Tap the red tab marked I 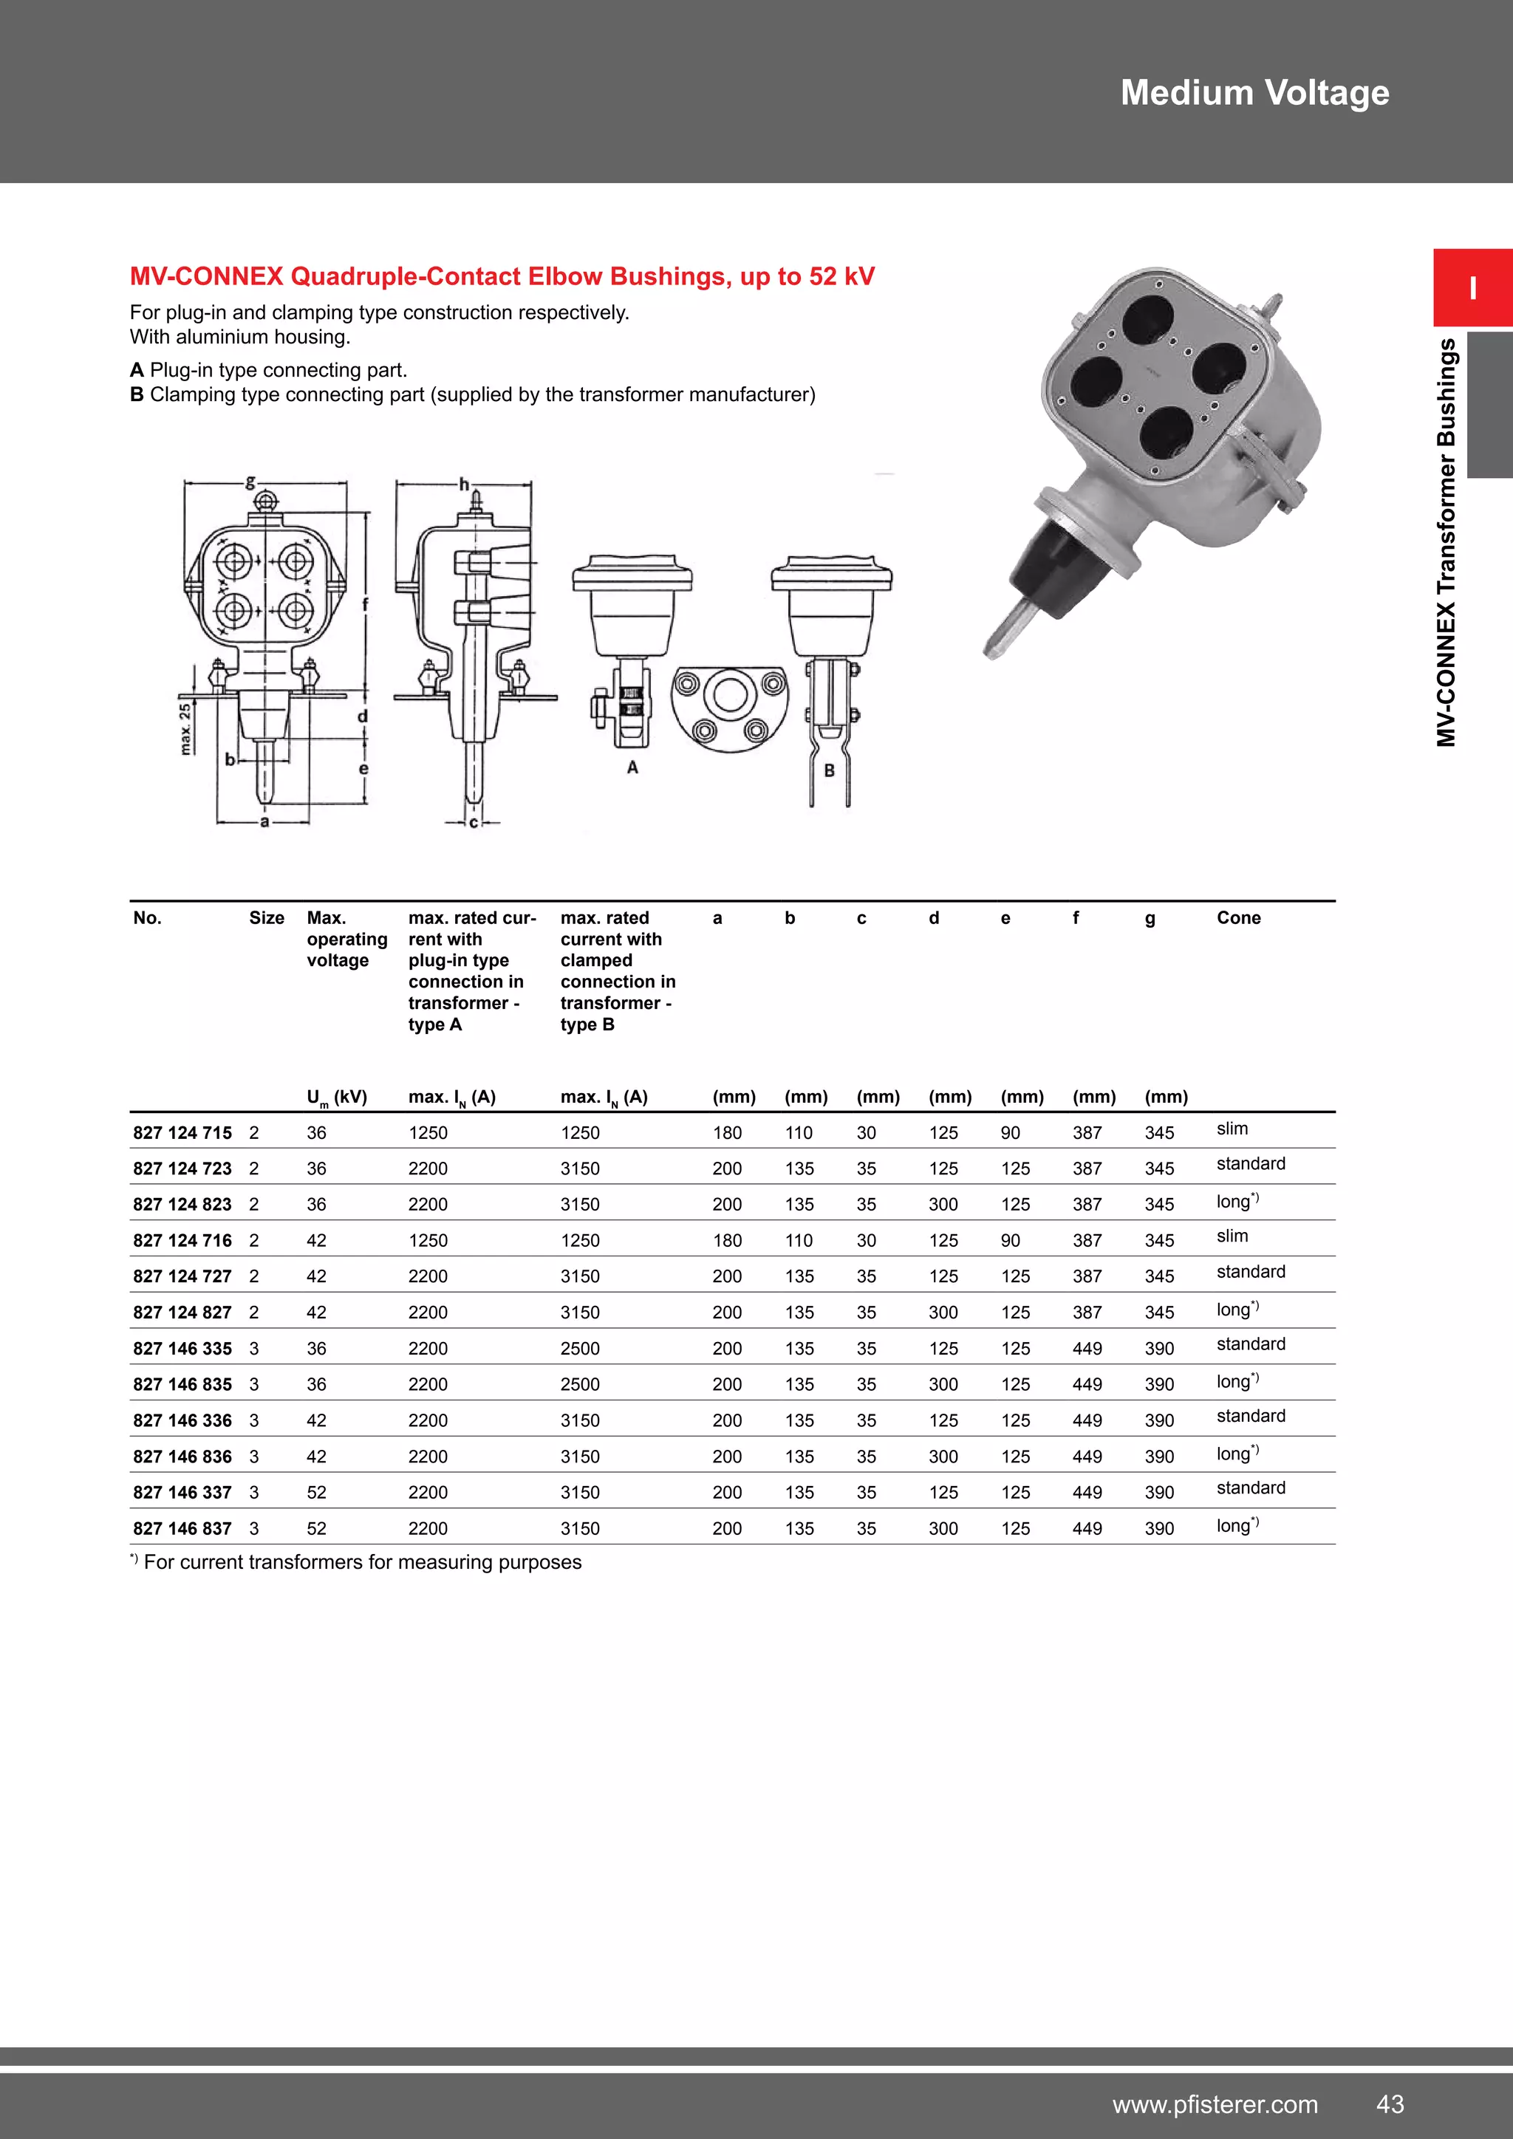1472,288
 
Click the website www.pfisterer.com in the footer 1214,2104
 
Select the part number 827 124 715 182,1133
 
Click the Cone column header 1238,917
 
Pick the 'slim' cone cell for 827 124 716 1232,1236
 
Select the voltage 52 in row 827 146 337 317,1493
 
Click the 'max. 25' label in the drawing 185,728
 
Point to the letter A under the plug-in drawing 632,767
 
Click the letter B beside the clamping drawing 829,770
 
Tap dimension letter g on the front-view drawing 250,482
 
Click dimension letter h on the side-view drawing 464,484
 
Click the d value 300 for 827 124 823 943,1205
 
